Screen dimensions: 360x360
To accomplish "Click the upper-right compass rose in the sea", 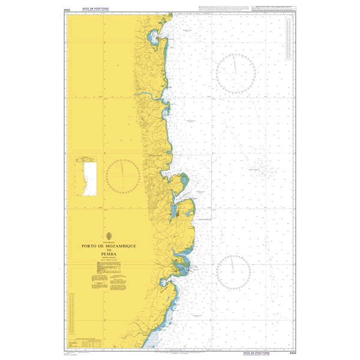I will tap(236, 73).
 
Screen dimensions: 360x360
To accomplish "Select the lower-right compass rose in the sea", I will tap(233, 272).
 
